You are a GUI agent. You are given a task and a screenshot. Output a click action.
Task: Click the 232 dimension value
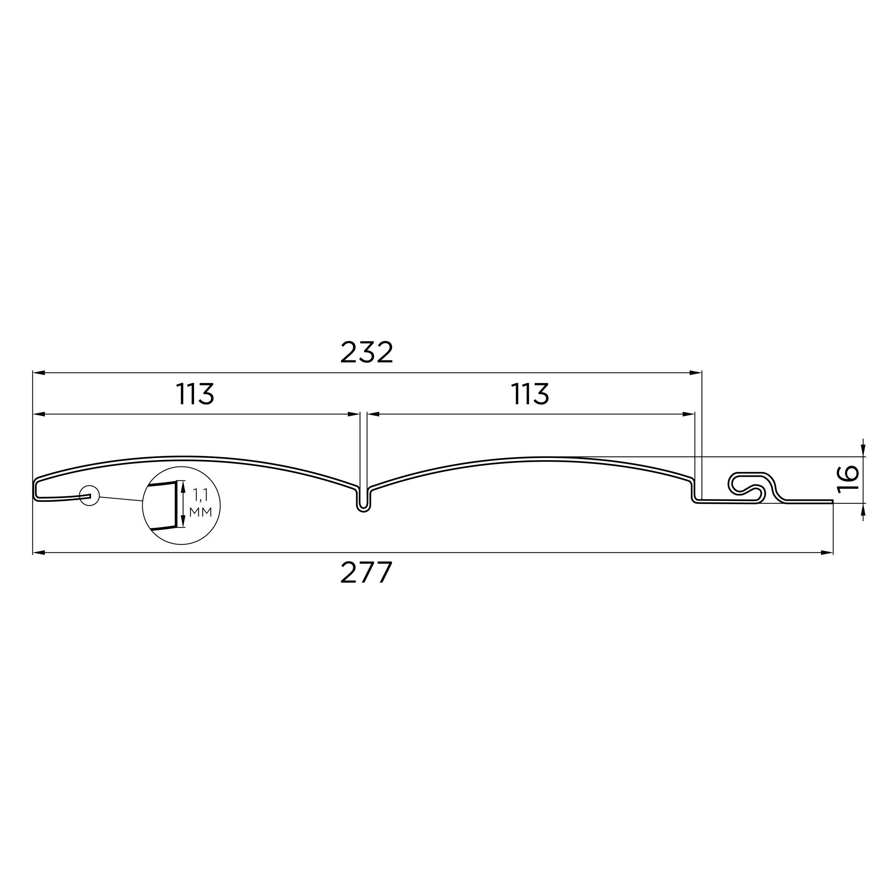point(367,352)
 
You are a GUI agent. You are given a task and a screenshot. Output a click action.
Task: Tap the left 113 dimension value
point(195,393)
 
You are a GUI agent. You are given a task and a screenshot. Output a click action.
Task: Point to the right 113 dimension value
point(530,393)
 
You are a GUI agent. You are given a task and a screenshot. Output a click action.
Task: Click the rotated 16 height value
point(848,479)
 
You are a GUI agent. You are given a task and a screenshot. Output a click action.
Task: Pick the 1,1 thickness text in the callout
point(201,495)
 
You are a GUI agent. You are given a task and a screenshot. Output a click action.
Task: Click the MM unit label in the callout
point(200,512)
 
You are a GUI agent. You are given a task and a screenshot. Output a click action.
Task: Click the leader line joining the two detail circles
point(121,499)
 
